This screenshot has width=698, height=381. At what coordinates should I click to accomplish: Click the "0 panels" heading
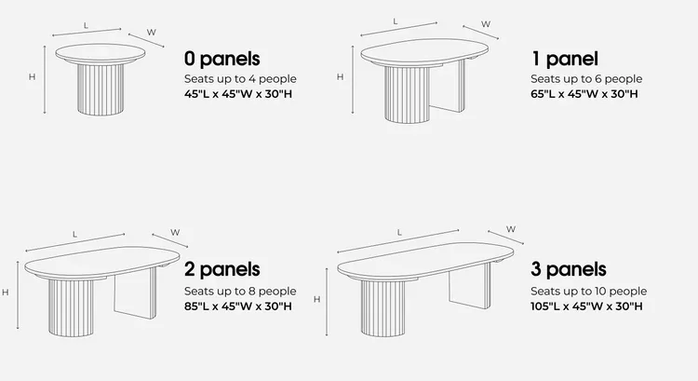pos(222,59)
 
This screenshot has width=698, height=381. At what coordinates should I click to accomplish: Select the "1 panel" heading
pos(565,59)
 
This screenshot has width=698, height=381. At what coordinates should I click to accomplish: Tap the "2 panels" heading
pos(222,269)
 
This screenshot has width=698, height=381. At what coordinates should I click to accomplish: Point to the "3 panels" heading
pos(569,269)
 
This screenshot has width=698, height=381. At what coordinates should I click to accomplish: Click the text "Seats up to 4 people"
pos(240,79)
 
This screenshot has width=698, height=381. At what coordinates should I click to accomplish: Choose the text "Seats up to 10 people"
pos(588,291)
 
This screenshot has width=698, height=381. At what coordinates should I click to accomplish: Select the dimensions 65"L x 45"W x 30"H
pos(584,94)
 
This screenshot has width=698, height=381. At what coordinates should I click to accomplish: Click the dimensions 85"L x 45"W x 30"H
pos(238,306)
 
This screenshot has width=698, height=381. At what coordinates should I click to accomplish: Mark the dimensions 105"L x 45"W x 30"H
pos(586,306)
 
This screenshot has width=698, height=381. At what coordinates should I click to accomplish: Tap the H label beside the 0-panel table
pos(32,77)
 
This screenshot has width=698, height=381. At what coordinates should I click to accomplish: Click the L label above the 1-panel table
pos(396,21)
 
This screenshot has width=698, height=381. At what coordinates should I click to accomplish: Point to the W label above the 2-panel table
pos(175,232)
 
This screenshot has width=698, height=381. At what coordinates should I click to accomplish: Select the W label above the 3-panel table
pos(511,229)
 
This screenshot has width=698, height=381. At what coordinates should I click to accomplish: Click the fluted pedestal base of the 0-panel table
pos(101,89)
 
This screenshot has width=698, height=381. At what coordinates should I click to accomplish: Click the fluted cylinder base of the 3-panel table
pos(383,307)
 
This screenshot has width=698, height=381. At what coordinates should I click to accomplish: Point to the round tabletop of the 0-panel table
pos(101,53)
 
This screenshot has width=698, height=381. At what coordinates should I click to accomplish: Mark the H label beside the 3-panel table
pos(317,299)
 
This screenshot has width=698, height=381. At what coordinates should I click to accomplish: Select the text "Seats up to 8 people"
pos(240,291)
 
